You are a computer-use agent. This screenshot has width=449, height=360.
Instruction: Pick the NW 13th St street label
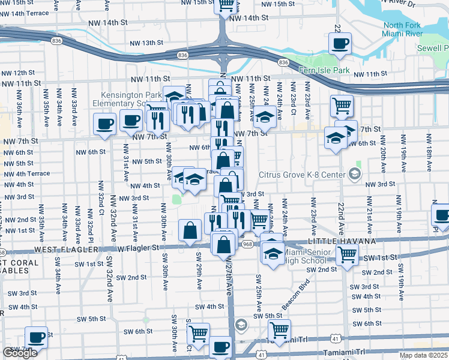[x=147, y=43]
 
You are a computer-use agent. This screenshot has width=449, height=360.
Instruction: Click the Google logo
[x=20, y=353]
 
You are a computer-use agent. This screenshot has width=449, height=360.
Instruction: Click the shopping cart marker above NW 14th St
[x=226, y=5]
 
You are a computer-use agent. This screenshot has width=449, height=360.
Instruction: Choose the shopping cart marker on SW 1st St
[x=347, y=254]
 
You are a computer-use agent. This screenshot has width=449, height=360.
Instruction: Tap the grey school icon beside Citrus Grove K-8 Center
[x=354, y=175]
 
